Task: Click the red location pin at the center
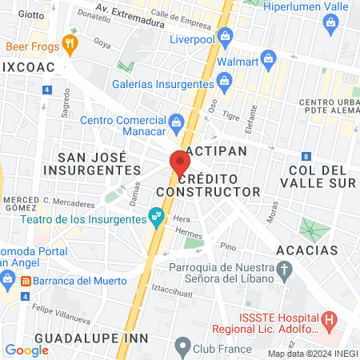[x=179, y=163]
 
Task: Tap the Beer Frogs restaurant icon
[x=70, y=44]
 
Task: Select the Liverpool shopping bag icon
[x=226, y=36]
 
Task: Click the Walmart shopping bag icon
[x=269, y=59]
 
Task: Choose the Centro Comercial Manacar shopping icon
[x=177, y=122]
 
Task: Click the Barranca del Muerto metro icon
[x=26, y=281]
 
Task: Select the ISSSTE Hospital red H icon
[x=329, y=322]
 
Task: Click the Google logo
[x=26, y=350]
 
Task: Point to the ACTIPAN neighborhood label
[x=214, y=150]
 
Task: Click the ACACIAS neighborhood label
[x=306, y=250]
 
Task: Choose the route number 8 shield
[x=306, y=156]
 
